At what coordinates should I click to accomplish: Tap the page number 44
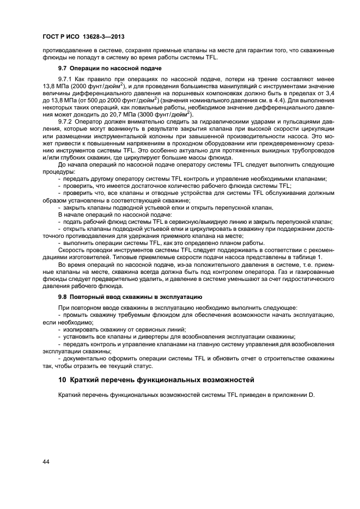[x=46, y=461]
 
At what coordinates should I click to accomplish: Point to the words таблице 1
[x=306, y=257]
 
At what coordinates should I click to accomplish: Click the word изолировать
[x=83, y=329]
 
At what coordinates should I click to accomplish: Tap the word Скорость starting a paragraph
[x=71, y=250]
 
